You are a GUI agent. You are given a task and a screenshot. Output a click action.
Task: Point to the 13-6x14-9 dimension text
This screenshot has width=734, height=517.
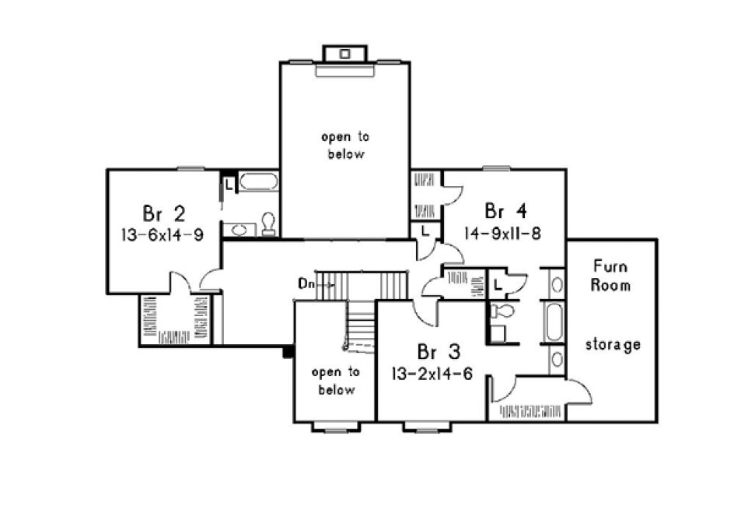163,234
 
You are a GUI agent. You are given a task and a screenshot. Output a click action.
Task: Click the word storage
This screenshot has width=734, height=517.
613,344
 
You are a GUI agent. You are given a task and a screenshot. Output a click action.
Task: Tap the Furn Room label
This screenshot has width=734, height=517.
610,274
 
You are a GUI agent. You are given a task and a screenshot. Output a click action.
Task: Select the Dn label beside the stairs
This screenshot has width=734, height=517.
306,283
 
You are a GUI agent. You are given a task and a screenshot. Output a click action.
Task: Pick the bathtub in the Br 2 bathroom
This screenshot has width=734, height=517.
258,183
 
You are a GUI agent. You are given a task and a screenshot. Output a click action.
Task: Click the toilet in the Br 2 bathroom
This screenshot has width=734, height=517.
268,224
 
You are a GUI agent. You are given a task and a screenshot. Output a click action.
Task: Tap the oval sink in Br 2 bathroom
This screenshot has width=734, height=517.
240,230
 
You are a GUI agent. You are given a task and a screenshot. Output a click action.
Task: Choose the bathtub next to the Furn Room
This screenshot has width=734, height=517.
554,322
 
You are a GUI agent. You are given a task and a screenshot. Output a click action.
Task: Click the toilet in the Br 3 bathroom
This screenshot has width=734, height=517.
504,311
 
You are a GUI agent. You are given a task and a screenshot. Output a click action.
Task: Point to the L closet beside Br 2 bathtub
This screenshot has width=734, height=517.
229,185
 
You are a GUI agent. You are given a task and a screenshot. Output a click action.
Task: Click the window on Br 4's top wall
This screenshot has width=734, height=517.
495,167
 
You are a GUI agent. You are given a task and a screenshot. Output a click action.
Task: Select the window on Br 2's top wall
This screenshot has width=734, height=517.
189,167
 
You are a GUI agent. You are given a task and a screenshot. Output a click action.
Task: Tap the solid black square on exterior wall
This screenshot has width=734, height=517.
287,352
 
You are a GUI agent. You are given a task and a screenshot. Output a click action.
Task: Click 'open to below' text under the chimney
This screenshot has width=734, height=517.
343,146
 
